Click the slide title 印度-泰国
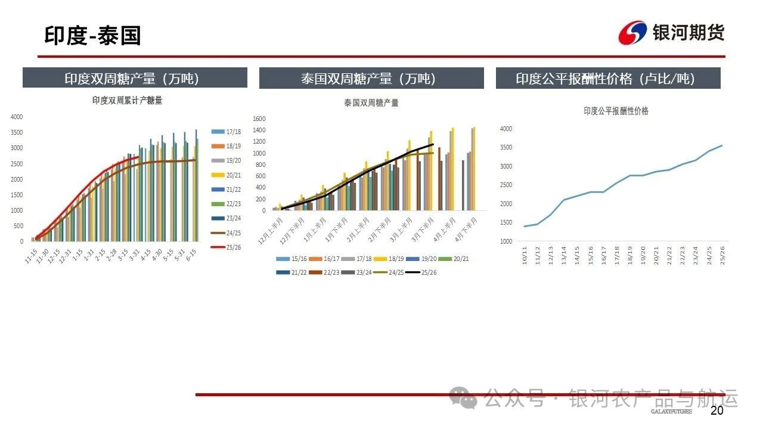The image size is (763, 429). [x=92, y=36]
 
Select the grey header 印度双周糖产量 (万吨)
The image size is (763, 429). [x=135, y=78]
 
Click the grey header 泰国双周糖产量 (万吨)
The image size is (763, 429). [x=371, y=78]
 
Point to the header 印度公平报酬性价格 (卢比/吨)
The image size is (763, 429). [x=608, y=78]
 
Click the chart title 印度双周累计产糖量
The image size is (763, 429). [x=127, y=101]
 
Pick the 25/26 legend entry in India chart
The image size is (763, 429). [x=227, y=247]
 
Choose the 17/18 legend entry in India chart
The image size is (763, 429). [x=227, y=131]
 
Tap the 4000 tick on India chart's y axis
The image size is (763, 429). [x=17, y=117]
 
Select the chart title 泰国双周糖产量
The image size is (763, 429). [x=371, y=102]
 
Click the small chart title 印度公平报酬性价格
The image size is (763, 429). [x=616, y=111]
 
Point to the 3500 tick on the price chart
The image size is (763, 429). [x=505, y=147]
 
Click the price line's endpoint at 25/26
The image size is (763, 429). [x=722, y=145]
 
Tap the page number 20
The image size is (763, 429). [x=717, y=411]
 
